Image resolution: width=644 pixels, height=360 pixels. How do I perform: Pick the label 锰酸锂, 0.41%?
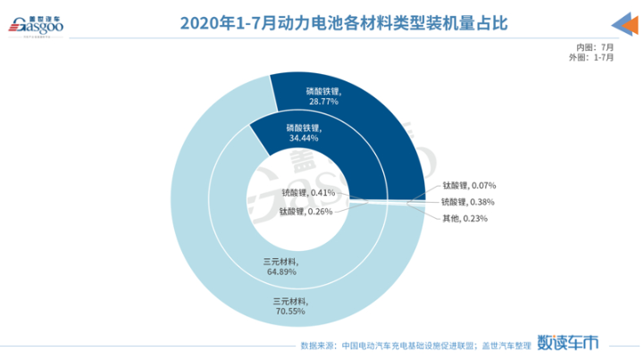pyautogui.click(x=308, y=192)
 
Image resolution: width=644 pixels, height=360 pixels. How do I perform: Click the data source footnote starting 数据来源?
pyautogui.click(x=412, y=344)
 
